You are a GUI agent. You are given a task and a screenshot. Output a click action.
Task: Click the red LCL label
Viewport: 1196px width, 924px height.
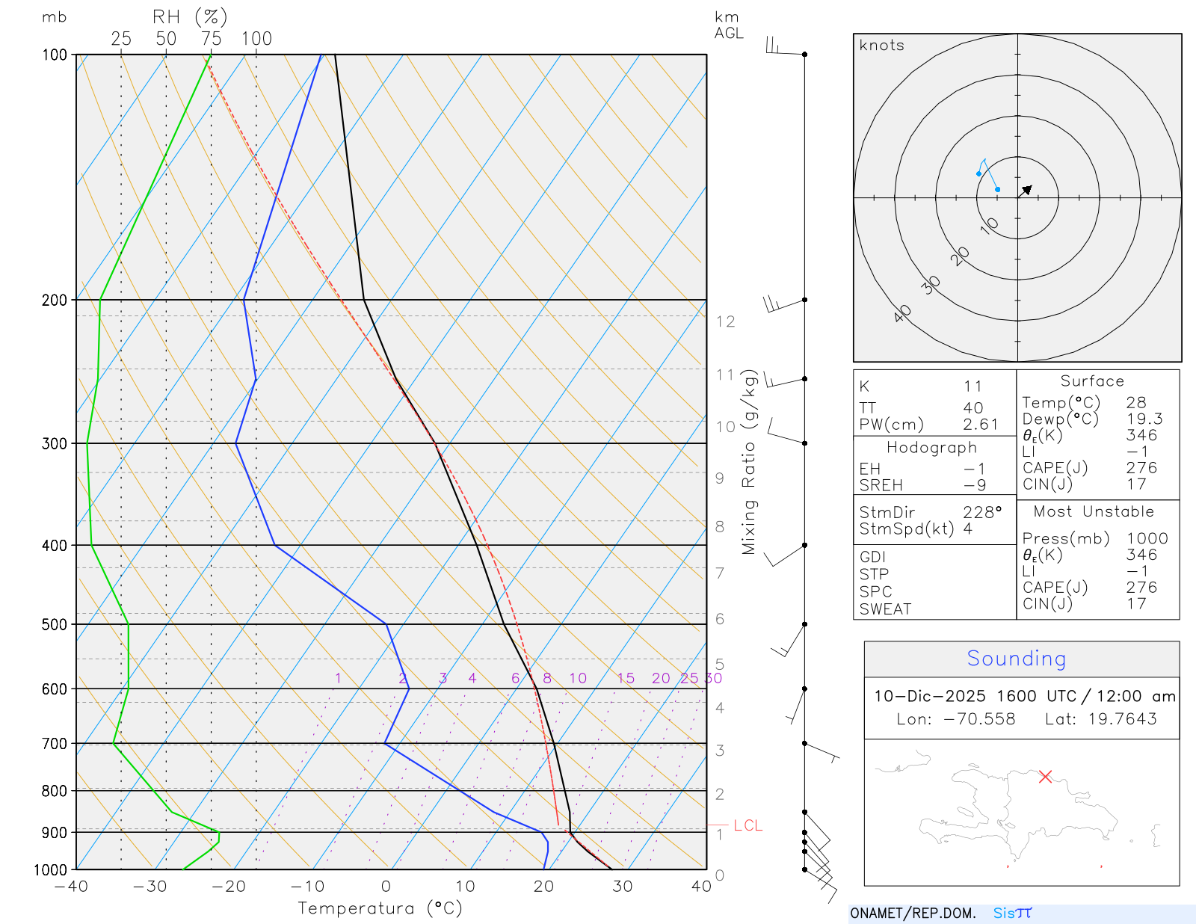pos(747,825)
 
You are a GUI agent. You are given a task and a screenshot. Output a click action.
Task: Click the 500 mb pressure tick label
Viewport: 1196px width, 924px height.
pos(55,624)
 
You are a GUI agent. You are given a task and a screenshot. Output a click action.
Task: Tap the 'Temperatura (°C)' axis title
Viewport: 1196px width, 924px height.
pos(380,908)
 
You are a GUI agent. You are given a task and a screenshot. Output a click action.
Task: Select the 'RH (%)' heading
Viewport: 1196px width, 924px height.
pos(190,17)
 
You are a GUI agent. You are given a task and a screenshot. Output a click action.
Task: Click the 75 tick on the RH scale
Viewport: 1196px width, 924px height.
pos(212,39)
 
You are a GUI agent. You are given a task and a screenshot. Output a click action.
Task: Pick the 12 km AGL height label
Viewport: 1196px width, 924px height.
pos(725,321)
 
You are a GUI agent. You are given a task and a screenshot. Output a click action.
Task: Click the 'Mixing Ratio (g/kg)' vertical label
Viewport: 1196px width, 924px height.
pos(749,462)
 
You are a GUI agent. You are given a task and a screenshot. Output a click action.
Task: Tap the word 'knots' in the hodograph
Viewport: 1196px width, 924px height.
pos(881,46)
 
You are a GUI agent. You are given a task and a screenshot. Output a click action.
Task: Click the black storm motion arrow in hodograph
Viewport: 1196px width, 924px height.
pos(1026,190)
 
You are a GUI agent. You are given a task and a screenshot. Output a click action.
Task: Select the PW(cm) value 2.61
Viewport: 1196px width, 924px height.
pos(981,425)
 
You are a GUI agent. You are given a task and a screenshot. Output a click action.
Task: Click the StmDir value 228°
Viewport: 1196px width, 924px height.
pos(981,513)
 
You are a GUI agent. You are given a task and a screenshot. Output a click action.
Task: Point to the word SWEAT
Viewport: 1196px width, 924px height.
pos(885,609)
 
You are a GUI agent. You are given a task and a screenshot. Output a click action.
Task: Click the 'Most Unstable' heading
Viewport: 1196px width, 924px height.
pos(1094,512)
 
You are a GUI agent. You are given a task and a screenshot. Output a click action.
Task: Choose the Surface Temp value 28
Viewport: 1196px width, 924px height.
pos(1136,403)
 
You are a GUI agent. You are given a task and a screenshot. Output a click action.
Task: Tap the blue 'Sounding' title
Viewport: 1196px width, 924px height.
pos(1016,659)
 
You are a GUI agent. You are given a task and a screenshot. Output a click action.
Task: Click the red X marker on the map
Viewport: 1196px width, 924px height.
pos(1045,777)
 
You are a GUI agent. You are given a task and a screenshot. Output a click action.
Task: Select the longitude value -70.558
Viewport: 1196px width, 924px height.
pos(979,719)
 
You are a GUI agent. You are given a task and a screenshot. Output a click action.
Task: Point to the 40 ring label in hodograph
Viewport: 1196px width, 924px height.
pos(902,313)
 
